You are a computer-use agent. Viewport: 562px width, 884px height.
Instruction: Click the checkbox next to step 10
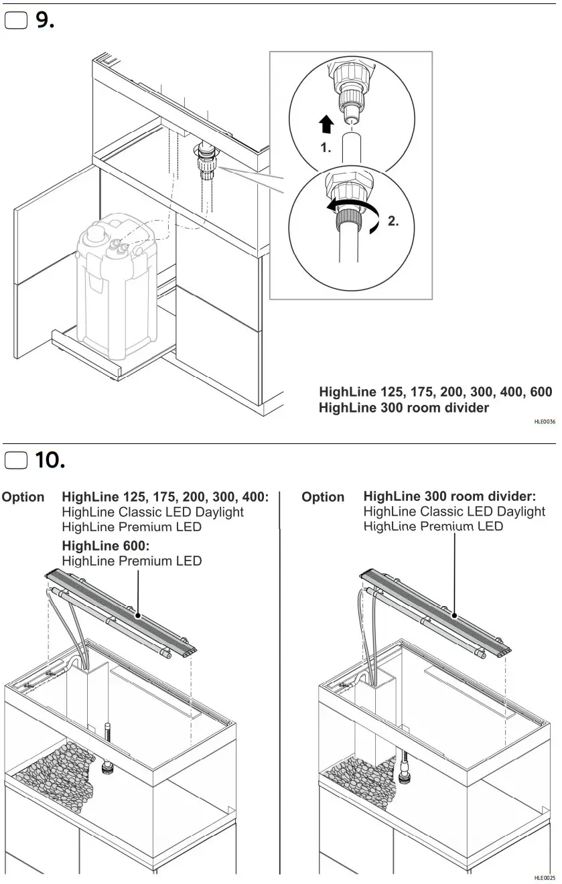[16, 461]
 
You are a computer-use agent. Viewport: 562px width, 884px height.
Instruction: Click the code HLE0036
[544, 422]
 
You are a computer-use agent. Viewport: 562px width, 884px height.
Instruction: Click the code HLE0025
[544, 878]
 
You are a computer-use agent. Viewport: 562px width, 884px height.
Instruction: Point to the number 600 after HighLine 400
[540, 392]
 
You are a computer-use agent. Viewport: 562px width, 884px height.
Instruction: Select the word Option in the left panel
[23, 498]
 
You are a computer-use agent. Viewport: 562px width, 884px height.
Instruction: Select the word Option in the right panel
[323, 498]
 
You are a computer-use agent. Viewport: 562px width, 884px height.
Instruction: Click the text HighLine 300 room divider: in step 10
[449, 497]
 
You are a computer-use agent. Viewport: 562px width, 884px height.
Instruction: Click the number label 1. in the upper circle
[326, 149]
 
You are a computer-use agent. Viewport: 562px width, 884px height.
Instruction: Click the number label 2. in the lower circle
[393, 222]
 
